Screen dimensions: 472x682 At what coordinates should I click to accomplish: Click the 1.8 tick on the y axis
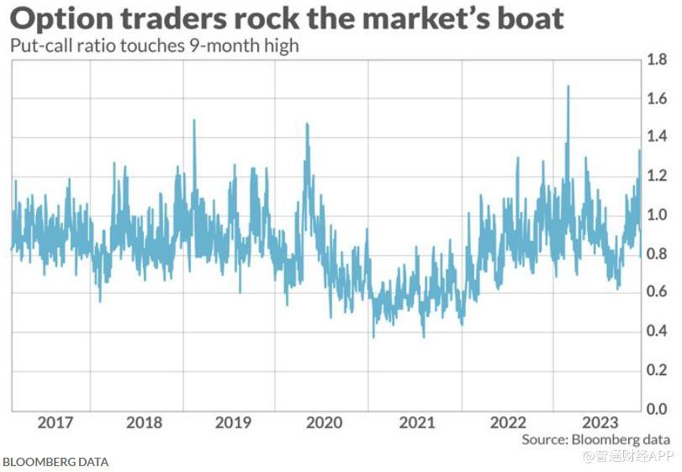(x=657, y=60)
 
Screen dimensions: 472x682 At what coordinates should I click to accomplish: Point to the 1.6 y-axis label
(x=657, y=98)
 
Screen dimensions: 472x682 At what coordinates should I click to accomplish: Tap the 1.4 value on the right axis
(x=657, y=137)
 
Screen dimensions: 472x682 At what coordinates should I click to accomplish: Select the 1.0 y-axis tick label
(x=657, y=215)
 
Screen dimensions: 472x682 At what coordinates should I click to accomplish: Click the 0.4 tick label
(x=657, y=331)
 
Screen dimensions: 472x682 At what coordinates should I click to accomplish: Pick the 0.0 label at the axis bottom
(x=657, y=408)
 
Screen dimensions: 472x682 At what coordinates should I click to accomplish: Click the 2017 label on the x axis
(x=55, y=422)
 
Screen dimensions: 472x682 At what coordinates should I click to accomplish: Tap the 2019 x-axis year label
(x=234, y=422)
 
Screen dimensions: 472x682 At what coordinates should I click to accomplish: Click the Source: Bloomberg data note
(x=595, y=440)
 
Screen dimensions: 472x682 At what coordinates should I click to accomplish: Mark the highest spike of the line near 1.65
(x=568, y=87)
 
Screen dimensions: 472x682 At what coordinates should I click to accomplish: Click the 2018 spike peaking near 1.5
(x=194, y=120)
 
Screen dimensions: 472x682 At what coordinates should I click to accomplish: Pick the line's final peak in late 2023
(x=639, y=151)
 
